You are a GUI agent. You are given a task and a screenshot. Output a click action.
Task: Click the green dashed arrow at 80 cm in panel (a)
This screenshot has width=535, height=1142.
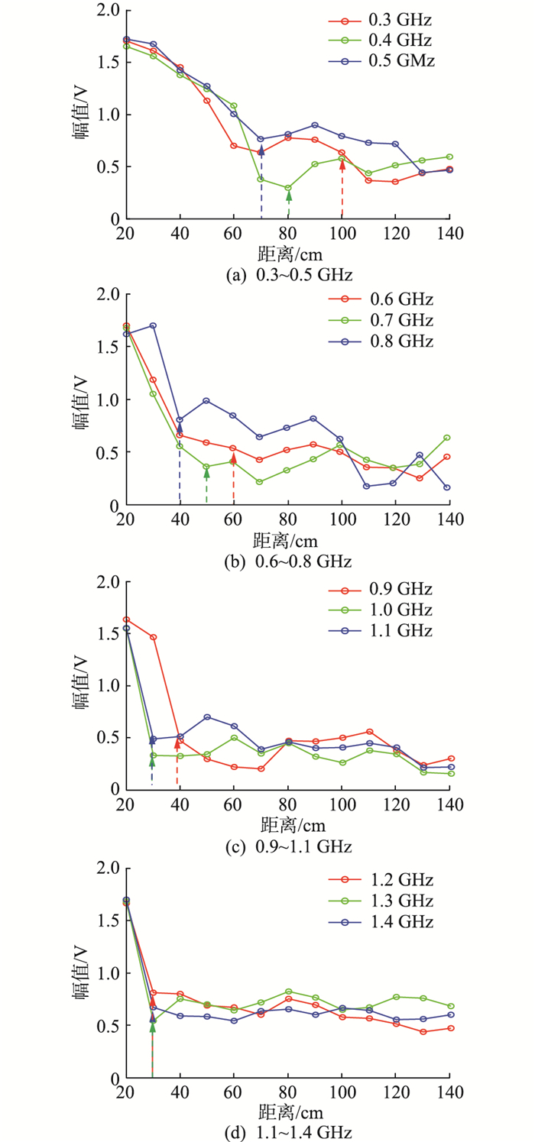pos(288,205)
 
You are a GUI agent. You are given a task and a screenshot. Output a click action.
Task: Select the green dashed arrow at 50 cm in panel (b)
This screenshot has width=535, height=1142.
pos(206,486)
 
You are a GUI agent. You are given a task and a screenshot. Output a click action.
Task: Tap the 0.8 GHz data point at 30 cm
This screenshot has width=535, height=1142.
pos(153,325)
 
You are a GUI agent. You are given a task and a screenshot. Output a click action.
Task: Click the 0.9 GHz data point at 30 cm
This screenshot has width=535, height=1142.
pos(153,637)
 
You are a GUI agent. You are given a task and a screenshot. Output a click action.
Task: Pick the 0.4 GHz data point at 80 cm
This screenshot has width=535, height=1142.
pos(288,188)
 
